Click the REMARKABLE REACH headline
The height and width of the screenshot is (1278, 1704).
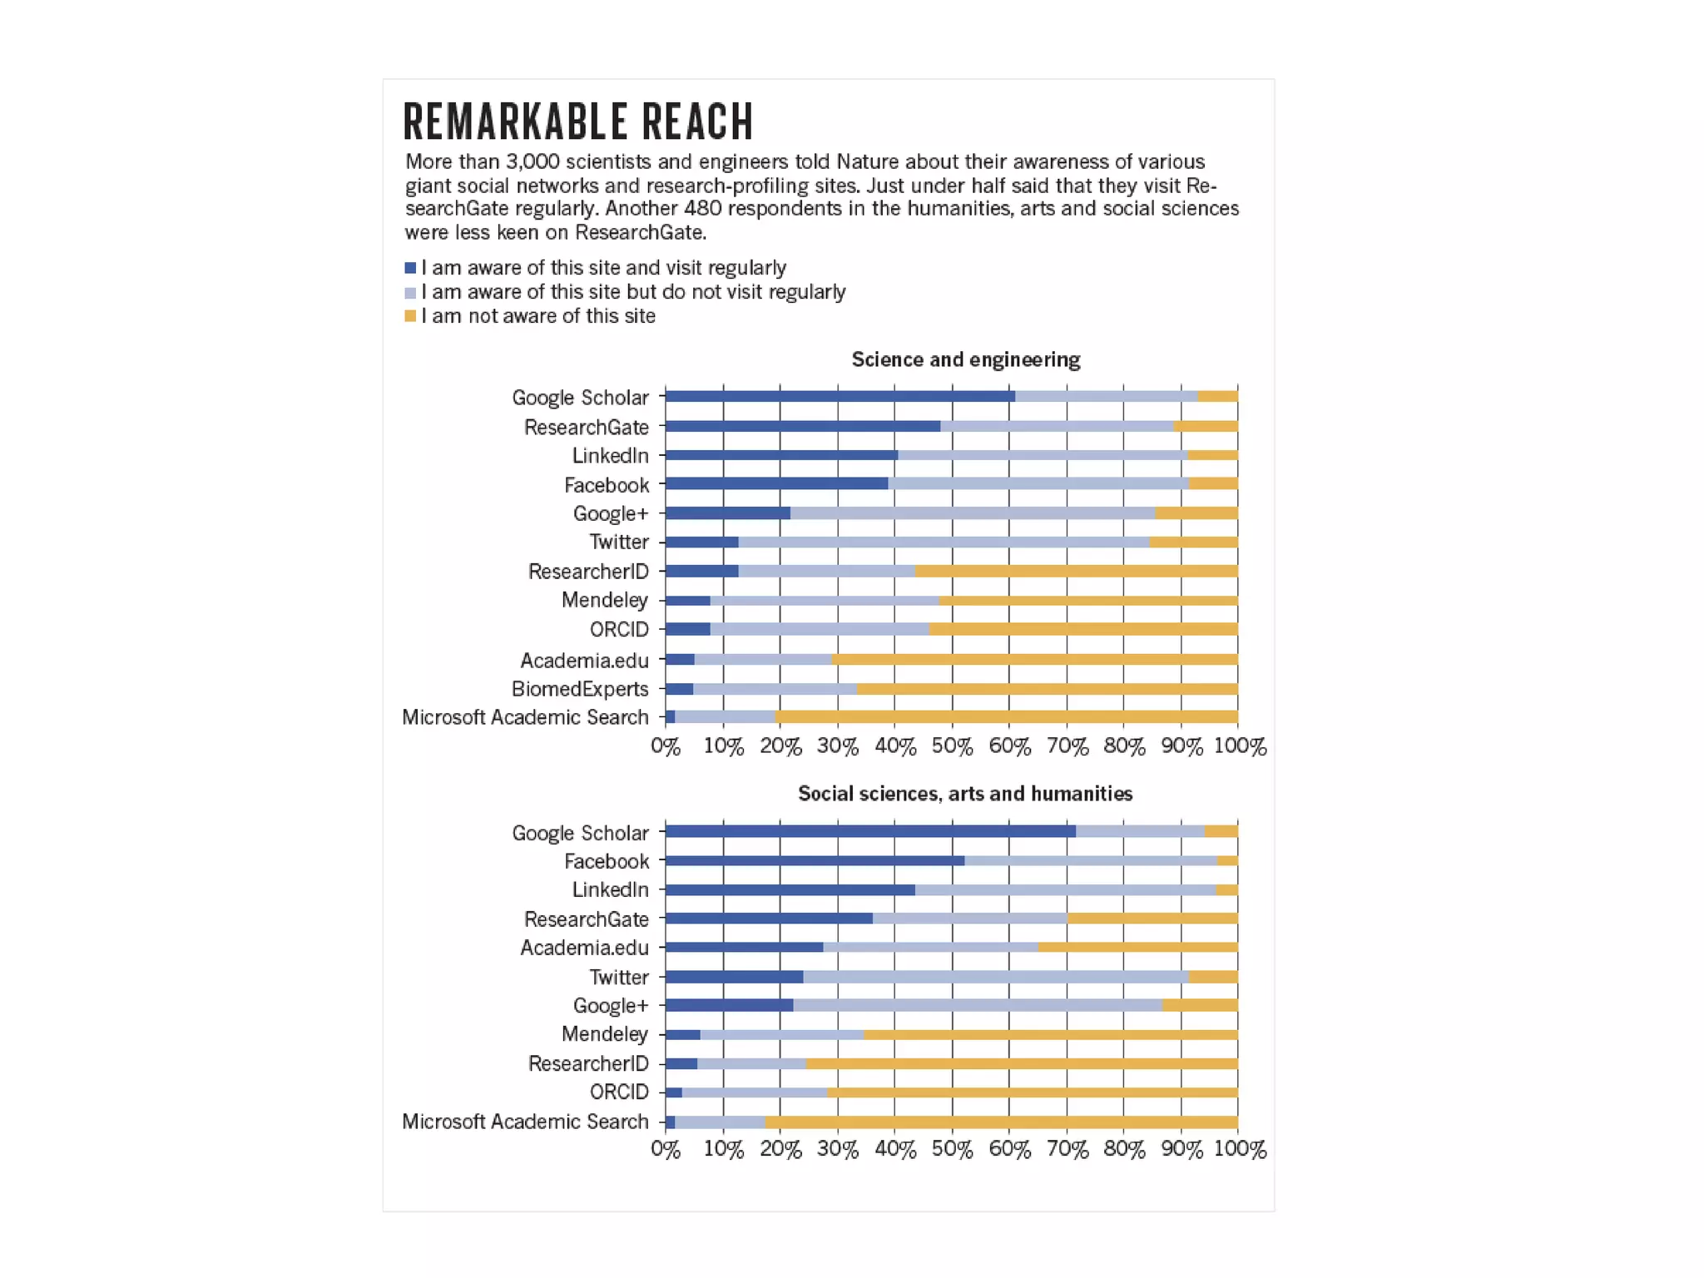pos(578,121)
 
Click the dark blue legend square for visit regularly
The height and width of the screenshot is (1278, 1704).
pos(410,268)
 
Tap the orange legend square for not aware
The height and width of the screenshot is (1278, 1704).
pos(410,316)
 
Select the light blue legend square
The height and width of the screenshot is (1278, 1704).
pos(410,292)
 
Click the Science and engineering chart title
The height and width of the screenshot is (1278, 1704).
pos(965,359)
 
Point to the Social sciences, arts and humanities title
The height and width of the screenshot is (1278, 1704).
pos(965,794)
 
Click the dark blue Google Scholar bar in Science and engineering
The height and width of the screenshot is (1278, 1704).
pos(840,396)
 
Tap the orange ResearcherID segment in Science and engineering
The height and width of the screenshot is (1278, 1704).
pos(1076,571)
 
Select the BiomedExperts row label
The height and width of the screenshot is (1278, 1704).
pos(580,689)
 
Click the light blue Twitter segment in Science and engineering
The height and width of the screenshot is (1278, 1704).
pos(944,542)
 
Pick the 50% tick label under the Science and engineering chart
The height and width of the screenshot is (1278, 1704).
pos(952,746)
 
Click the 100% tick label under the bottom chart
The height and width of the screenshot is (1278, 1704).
pos(1240,1149)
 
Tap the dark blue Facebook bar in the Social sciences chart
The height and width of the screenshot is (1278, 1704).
pos(815,860)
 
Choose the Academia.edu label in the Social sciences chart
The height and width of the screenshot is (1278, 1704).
pos(584,948)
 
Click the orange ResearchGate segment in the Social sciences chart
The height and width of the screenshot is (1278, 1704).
pos(1152,919)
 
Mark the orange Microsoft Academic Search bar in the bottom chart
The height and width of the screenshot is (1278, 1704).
pos(1001,1122)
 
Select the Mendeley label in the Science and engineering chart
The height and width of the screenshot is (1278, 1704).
pos(605,600)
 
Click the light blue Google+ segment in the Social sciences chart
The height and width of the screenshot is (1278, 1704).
pos(978,1005)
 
